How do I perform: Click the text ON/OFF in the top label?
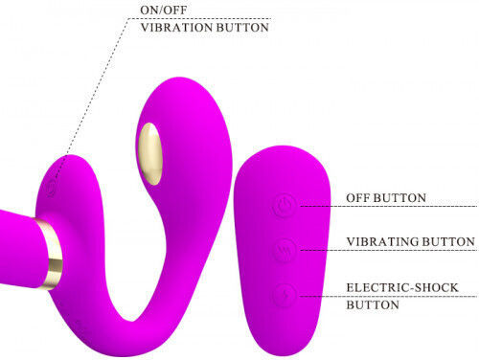pos(163,10)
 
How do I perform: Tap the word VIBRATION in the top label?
pos(177,28)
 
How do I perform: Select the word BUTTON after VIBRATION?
pos(242,28)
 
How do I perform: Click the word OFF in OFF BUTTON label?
pos(358,198)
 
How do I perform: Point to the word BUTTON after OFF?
pos(399,198)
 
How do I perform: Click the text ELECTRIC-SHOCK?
pos(402,287)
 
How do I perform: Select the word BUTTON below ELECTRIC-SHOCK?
pos(373,304)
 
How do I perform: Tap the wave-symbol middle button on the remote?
pos(284,250)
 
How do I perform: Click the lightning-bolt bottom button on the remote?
pos(284,295)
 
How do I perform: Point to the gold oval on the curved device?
pos(150,154)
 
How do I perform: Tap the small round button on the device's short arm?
pos(51,189)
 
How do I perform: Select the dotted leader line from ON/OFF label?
pos(91,99)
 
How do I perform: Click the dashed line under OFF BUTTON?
pos(389,207)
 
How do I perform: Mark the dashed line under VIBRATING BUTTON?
pos(389,250)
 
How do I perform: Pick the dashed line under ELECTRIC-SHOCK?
pos(389,297)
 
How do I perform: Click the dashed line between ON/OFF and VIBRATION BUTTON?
pos(199,19)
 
